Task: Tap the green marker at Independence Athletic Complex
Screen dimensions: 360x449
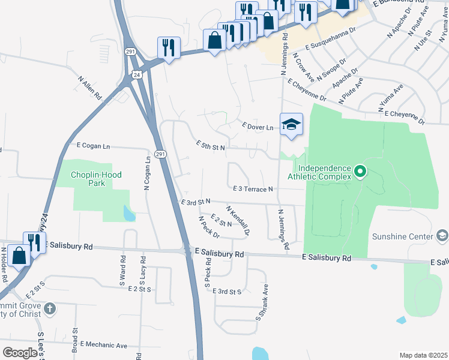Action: point(360,172)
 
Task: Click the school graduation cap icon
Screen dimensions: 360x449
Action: point(291,125)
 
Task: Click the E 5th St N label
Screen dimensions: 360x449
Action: point(210,145)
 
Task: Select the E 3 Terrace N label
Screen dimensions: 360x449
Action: point(252,189)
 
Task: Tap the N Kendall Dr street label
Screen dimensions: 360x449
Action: point(237,220)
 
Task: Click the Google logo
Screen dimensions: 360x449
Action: point(20,352)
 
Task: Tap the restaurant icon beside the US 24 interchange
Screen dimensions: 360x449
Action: point(169,47)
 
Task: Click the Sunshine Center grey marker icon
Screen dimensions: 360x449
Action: point(443,236)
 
